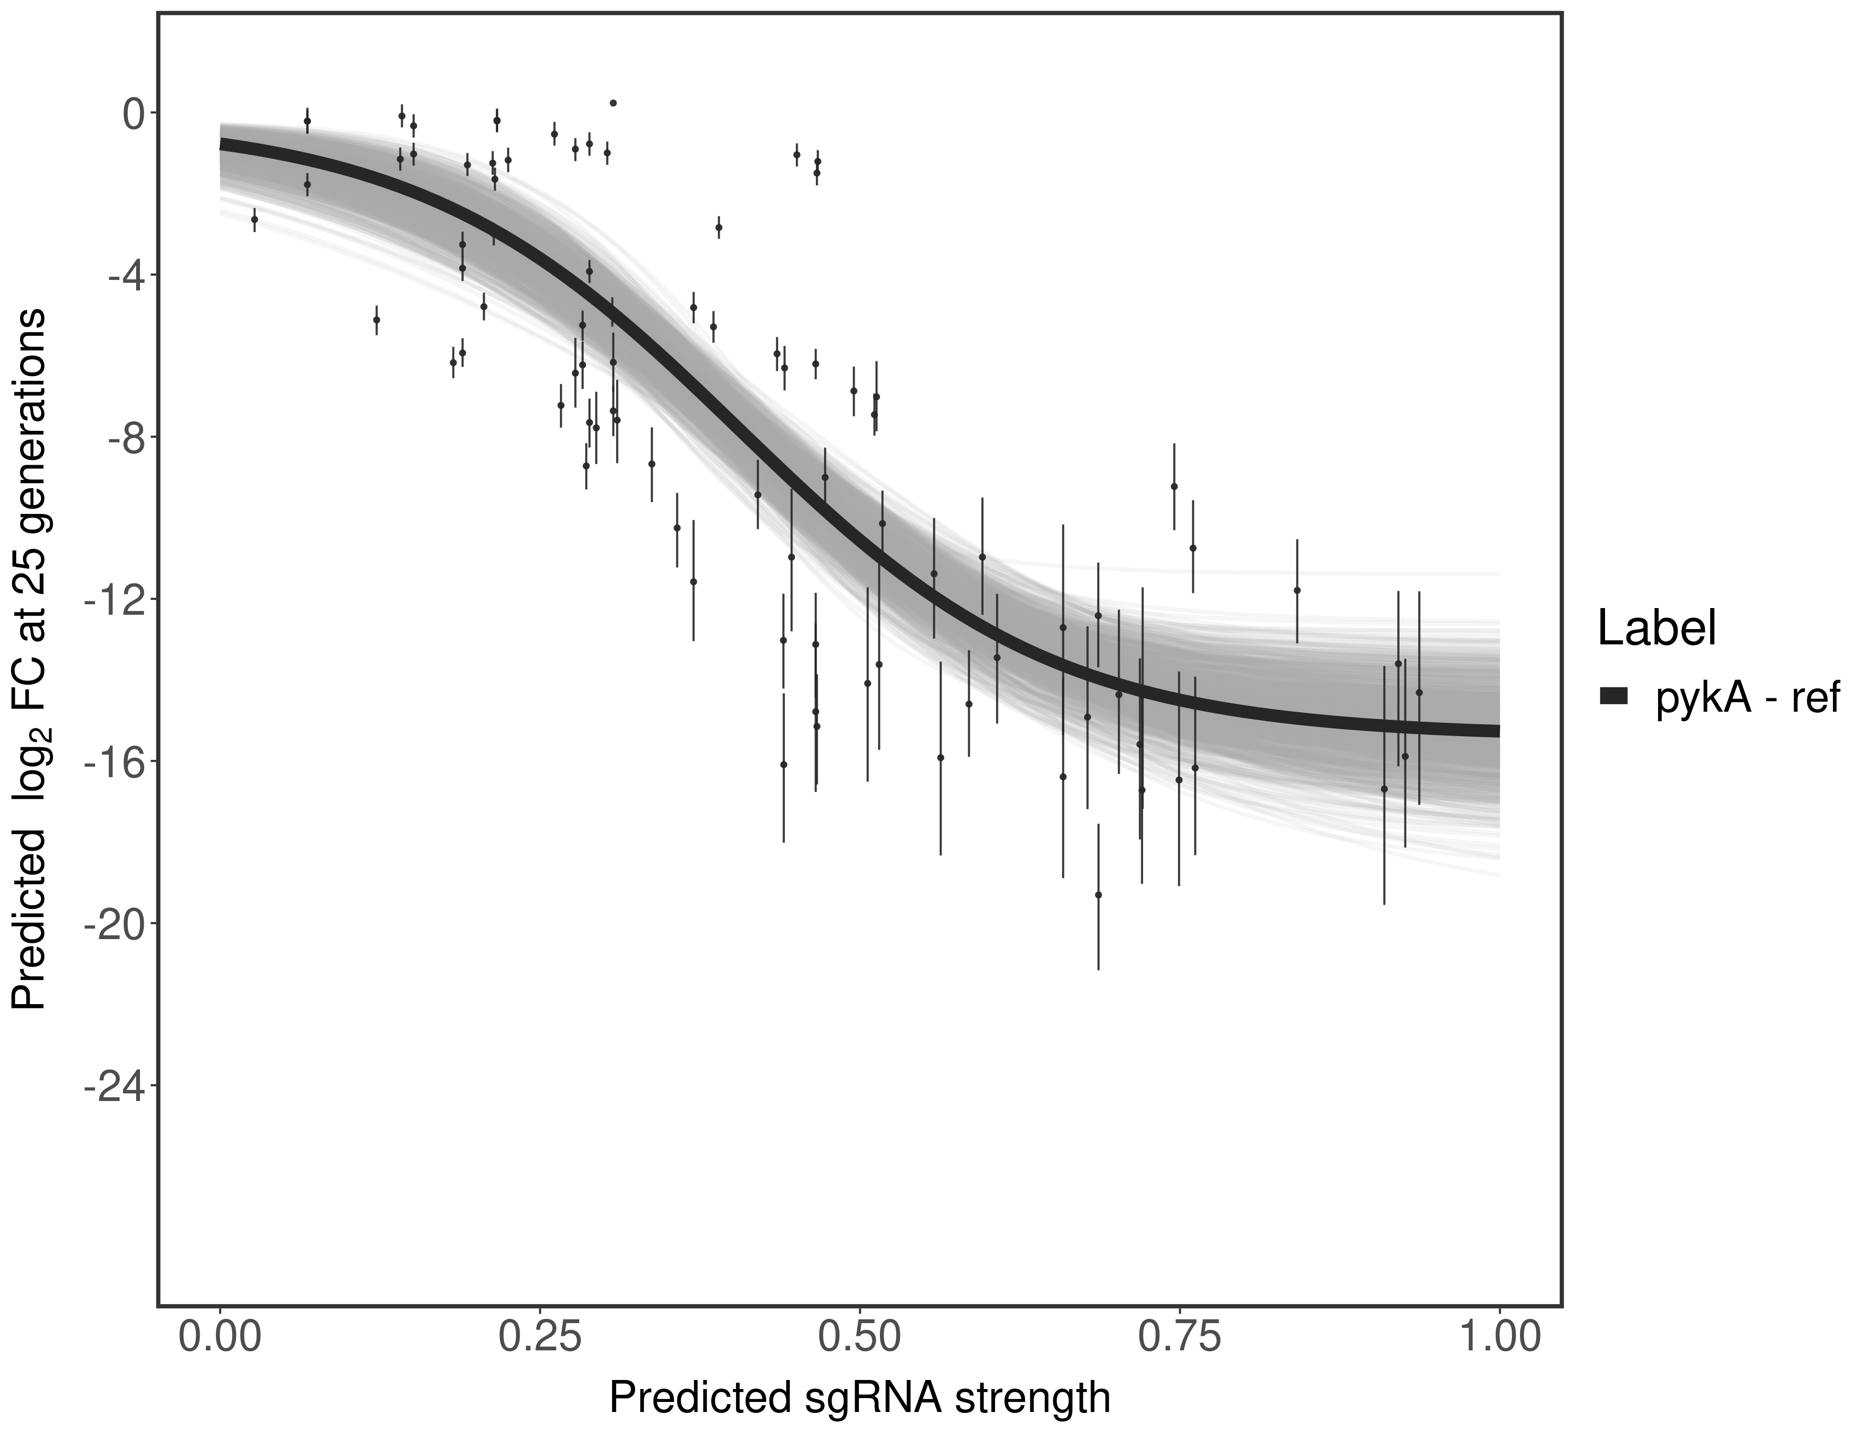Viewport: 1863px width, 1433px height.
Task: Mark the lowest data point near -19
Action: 1099,895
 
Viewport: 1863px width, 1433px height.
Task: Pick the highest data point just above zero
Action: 613,103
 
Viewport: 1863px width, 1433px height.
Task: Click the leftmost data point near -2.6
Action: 254,219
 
